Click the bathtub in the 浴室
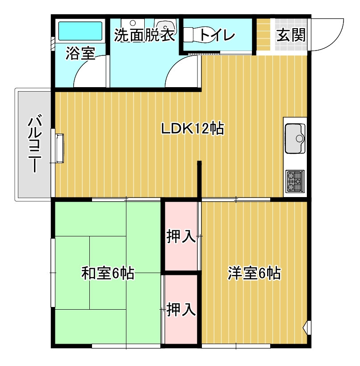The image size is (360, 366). pyautogui.click(x=80, y=31)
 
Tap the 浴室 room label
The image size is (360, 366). pyautogui.click(x=80, y=53)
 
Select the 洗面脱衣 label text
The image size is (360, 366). pyautogui.click(x=145, y=35)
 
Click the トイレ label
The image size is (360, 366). pyautogui.click(x=218, y=35)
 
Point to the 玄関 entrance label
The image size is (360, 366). pyautogui.click(x=291, y=35)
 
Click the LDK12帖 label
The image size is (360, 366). pyautogui.click(x=193, y=128)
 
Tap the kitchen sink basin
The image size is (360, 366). pyautogui.click(x=295, y=139)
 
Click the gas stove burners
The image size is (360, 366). pyautogui.click(x=295, y=181)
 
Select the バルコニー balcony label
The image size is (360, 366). pyautogui.click(x=35, y=144)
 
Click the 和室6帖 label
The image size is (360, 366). pyautogui.click(x=108, y=273)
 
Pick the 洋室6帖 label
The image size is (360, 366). pyautogui.click(x=254, y=273)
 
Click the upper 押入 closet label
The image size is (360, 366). pyautogui.click(x=181, y=236)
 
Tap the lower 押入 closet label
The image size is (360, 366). pyautogui.click(x=181, y=310)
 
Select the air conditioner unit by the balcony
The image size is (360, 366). pyautogui.click(x=59, y=148)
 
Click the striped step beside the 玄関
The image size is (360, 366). pyautogui.click(x=264, y=34)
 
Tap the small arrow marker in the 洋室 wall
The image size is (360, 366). pyautogui.click(x=306, y=328)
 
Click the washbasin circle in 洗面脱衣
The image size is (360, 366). pyautogui.click(x=133, y=23)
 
